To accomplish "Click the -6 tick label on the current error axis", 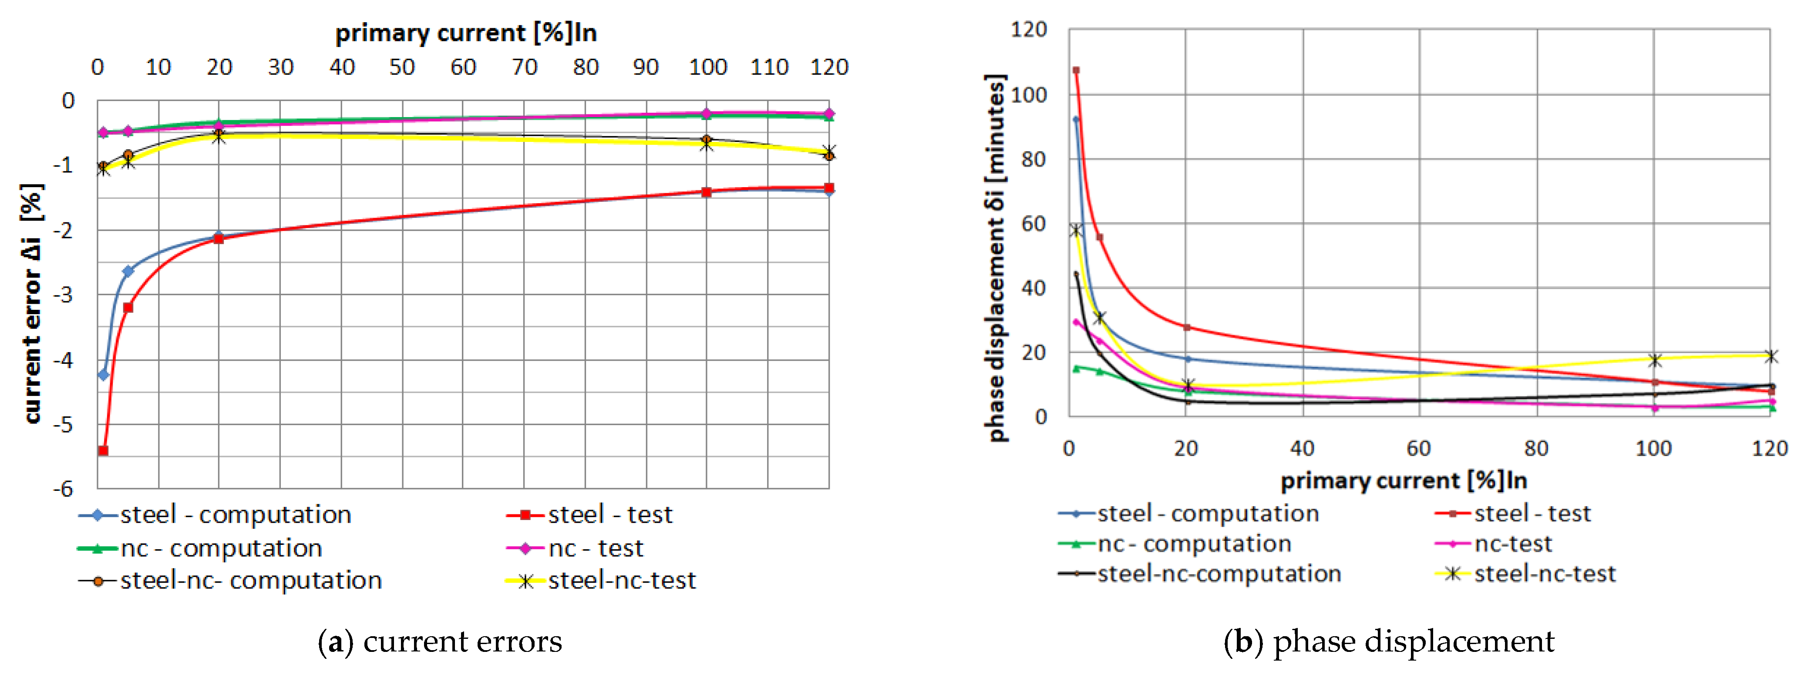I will [x=64, y=489].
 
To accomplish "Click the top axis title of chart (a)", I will [x=466, y=33].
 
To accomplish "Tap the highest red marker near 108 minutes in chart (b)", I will [x=1076, y=70].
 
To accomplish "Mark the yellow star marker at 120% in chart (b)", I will [x=1770, y=356].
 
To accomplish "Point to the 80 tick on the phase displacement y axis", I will [x=1033, y=159].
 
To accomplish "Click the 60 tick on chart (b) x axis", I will [x=1419, y=449].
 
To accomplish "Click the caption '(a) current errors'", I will [x=440, y=641].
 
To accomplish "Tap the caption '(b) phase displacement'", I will [x=1388, y=641].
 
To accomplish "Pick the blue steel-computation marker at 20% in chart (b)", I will [x=1186, y=359].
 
